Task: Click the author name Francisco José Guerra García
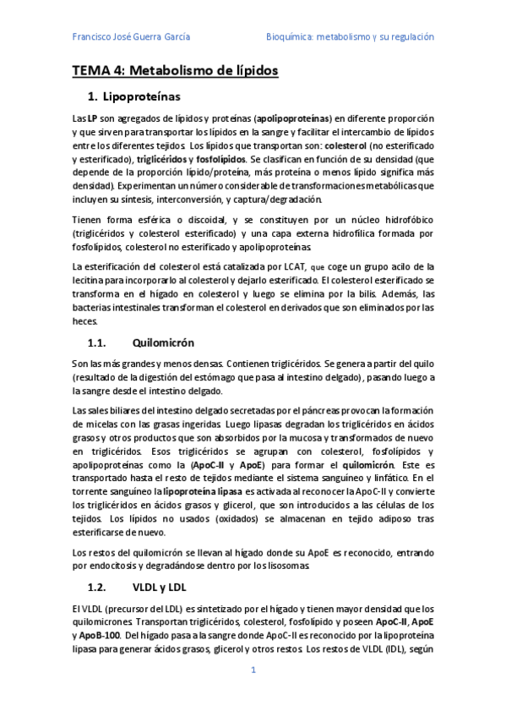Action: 131,37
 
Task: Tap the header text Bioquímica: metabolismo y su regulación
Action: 350,37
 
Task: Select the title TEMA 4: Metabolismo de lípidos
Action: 174,71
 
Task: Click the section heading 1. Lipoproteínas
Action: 140,97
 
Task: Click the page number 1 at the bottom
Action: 253,670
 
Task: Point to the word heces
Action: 84,322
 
